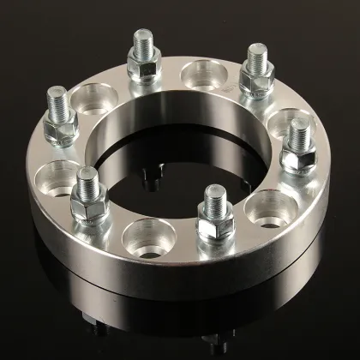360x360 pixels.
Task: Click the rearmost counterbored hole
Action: (x=201, y=75)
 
